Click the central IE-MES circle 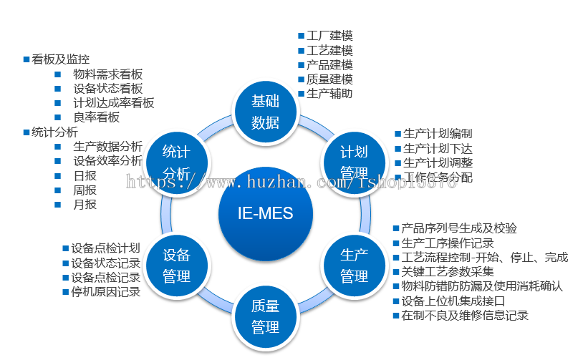265,213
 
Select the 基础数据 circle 265,112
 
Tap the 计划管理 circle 354,162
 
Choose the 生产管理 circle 354,265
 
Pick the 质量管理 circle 265,316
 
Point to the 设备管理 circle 176,265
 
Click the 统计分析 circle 176,162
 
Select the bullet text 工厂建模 329,36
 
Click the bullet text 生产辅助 329,93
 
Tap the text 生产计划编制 438,134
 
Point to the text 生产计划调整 438,162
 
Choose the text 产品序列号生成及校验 459,228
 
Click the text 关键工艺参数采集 448,272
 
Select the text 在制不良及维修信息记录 465,315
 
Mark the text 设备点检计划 105,249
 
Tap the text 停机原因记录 105,292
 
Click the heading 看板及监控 61,59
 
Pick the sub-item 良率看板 96,117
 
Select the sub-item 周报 85,190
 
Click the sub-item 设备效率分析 107,161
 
